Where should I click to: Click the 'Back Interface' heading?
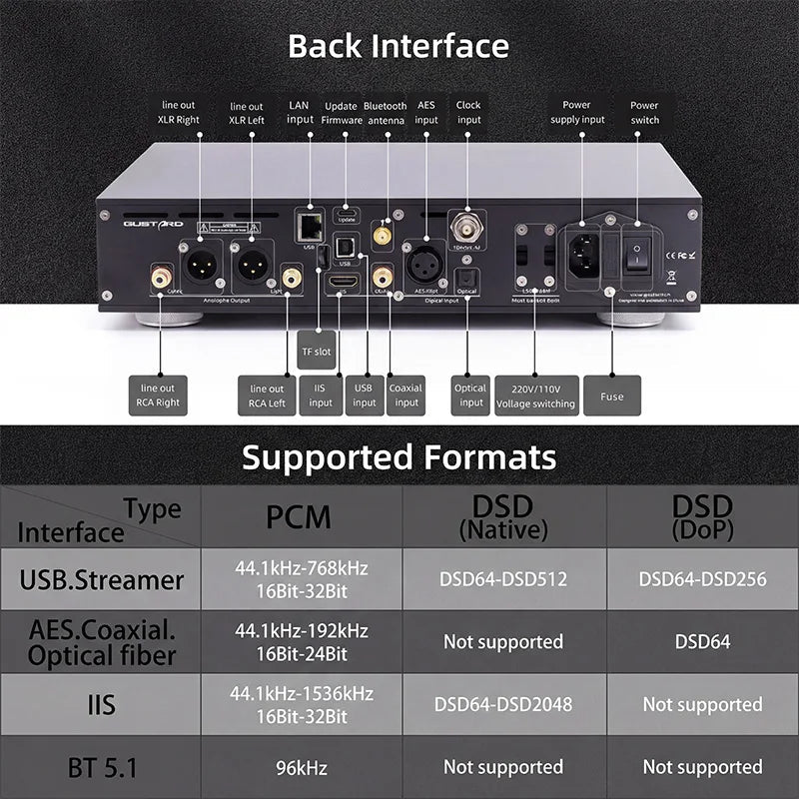point(399,46)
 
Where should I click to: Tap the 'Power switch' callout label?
point(644,112)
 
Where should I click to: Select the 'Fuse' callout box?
point(611,397)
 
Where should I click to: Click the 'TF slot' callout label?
point(316,352)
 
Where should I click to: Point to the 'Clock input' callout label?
point(468,112)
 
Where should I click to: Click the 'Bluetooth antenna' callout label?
point(385,112)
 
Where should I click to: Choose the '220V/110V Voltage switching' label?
point(535,397)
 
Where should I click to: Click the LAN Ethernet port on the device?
point(307,226)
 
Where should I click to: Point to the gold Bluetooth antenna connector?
point(383,236)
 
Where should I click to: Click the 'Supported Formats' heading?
point(399,457)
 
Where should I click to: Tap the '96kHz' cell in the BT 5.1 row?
point(301,768)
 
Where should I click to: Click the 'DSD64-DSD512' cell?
point(502,578)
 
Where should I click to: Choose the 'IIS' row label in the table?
point(101,705)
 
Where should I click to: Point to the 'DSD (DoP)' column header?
point(702,516)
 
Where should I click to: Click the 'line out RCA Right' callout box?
point(159,397)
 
